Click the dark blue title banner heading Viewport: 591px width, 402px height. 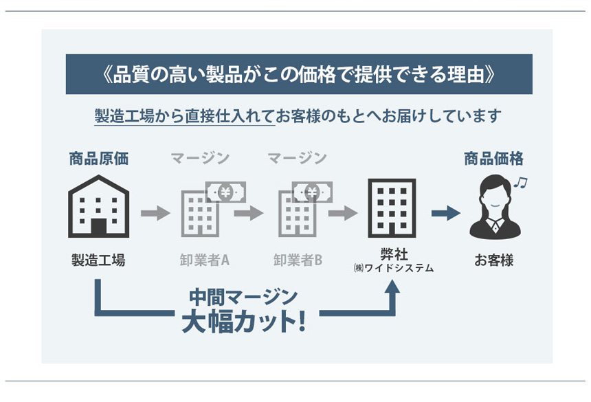pos(296,74)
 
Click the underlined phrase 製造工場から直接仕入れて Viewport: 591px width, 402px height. pos(185,115)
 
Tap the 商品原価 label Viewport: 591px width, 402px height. pos(98,159)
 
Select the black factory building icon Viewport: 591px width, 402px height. pos(98,205)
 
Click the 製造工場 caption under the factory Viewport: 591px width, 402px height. pos(98,260)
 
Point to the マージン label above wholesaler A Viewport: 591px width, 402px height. pos(199,159)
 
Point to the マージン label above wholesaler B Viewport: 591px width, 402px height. pos(297,159)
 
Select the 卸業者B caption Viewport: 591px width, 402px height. pos(298,260)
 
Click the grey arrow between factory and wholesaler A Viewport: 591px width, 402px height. pos(155,213)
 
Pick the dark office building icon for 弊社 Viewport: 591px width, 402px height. pos(392,208)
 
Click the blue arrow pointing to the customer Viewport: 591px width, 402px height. pos(445,213)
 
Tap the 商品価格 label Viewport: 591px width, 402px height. pos(493,159)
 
